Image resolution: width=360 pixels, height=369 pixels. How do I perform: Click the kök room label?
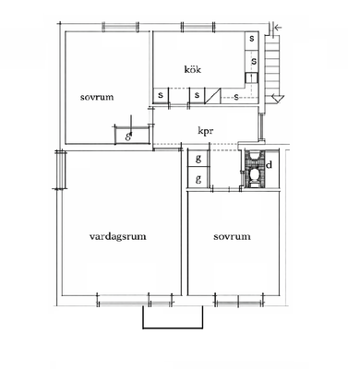click(193, 69)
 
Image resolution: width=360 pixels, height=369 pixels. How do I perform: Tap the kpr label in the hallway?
click(206, 131)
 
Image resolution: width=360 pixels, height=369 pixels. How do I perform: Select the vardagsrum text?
click(118, 236)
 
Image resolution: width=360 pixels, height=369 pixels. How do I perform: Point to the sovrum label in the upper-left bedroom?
click(97, 97)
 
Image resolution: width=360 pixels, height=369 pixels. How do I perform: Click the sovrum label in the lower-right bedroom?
click(232, 236)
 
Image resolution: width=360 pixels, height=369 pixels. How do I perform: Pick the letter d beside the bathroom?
click(270, 165)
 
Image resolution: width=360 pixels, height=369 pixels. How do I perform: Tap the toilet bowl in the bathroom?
click(254, 174)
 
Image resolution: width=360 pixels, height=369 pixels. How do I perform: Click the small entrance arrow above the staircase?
click(278, 28)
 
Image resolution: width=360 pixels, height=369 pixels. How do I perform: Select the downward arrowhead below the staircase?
click(278, 99)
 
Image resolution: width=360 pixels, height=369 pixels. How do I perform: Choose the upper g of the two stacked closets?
click(198, 159)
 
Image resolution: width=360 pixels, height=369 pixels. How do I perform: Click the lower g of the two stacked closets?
click(198, 178)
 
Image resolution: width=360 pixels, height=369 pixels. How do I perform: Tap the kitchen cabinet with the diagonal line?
click(213, 96)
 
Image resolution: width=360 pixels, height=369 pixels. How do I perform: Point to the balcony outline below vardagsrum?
click(173, 328)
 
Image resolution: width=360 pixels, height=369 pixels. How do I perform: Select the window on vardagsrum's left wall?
click(61, 170)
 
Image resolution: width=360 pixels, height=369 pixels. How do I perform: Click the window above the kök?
click(198, 27)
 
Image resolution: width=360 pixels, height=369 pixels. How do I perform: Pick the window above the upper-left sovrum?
click(120, 27)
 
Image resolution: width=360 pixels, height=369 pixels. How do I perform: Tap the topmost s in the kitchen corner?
click(252, 39)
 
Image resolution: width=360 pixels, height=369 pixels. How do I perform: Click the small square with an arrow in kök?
click(251, 77)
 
